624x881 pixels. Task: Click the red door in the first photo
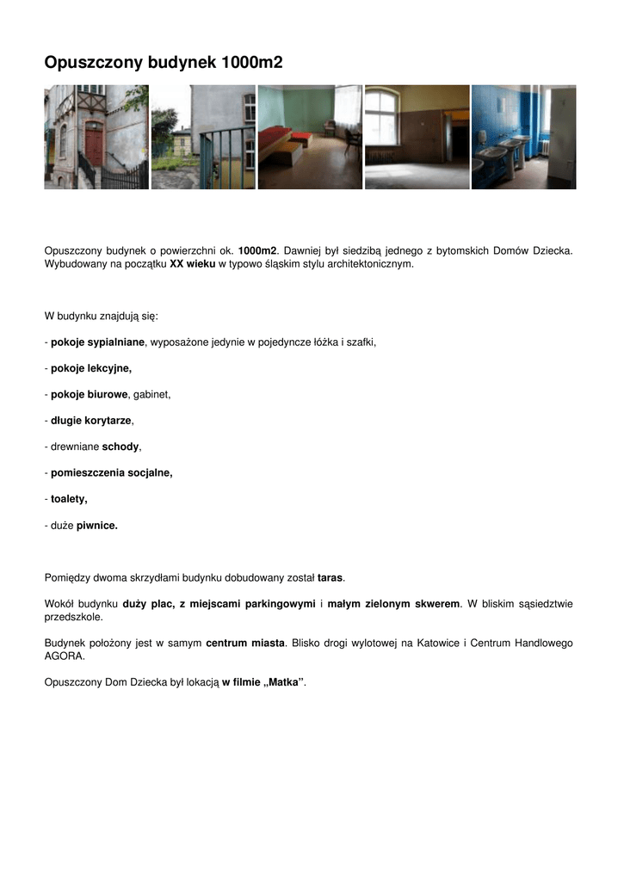tap(94, 144)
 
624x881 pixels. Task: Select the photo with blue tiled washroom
tap(523, 137)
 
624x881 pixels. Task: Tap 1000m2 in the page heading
tap(251, 63)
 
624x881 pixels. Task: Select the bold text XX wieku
tap(192, 264)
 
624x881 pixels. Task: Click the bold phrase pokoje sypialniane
tap(97, 342)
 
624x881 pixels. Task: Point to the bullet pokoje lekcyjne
tap(90, 368)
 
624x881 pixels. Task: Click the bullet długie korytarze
tap(91, 421)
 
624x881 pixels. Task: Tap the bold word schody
tap(120, 447)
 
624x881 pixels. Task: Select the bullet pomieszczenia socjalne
tap(111, 472)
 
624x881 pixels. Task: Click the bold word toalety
tap(69, 498)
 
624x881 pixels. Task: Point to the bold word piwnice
tap(96, 525)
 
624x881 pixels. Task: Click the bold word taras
tap(331, 577)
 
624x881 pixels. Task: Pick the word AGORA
tap(64, 656)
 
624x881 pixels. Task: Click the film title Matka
tap(282, 682)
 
